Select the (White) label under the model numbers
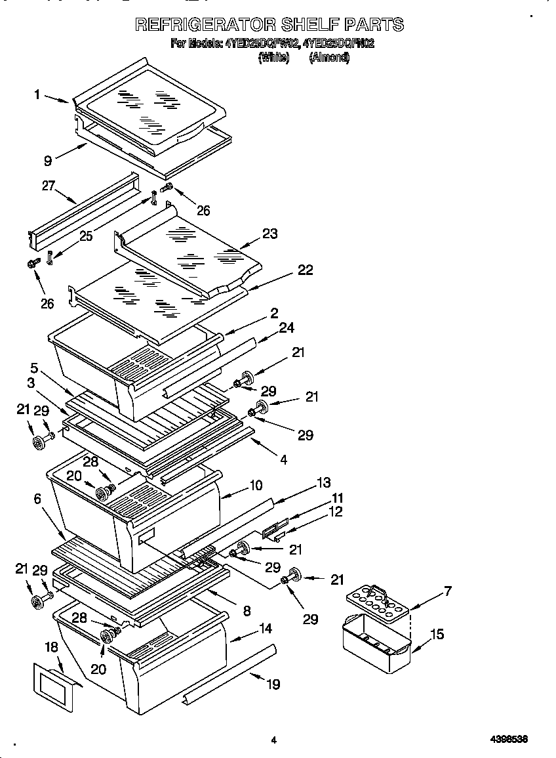pos(273,58)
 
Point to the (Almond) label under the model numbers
pos(329,58)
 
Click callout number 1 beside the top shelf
pos(37,95)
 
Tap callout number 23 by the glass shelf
pos(269,234)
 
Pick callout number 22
pos(305,270)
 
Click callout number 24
pos(287,327)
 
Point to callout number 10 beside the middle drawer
pos(255,486)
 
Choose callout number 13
pos(323,482)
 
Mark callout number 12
pos(335,512)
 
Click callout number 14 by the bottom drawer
pos(265,628)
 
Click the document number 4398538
pos(509,740)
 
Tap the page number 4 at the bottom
pos(273,740)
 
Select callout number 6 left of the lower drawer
pos(37,499)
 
